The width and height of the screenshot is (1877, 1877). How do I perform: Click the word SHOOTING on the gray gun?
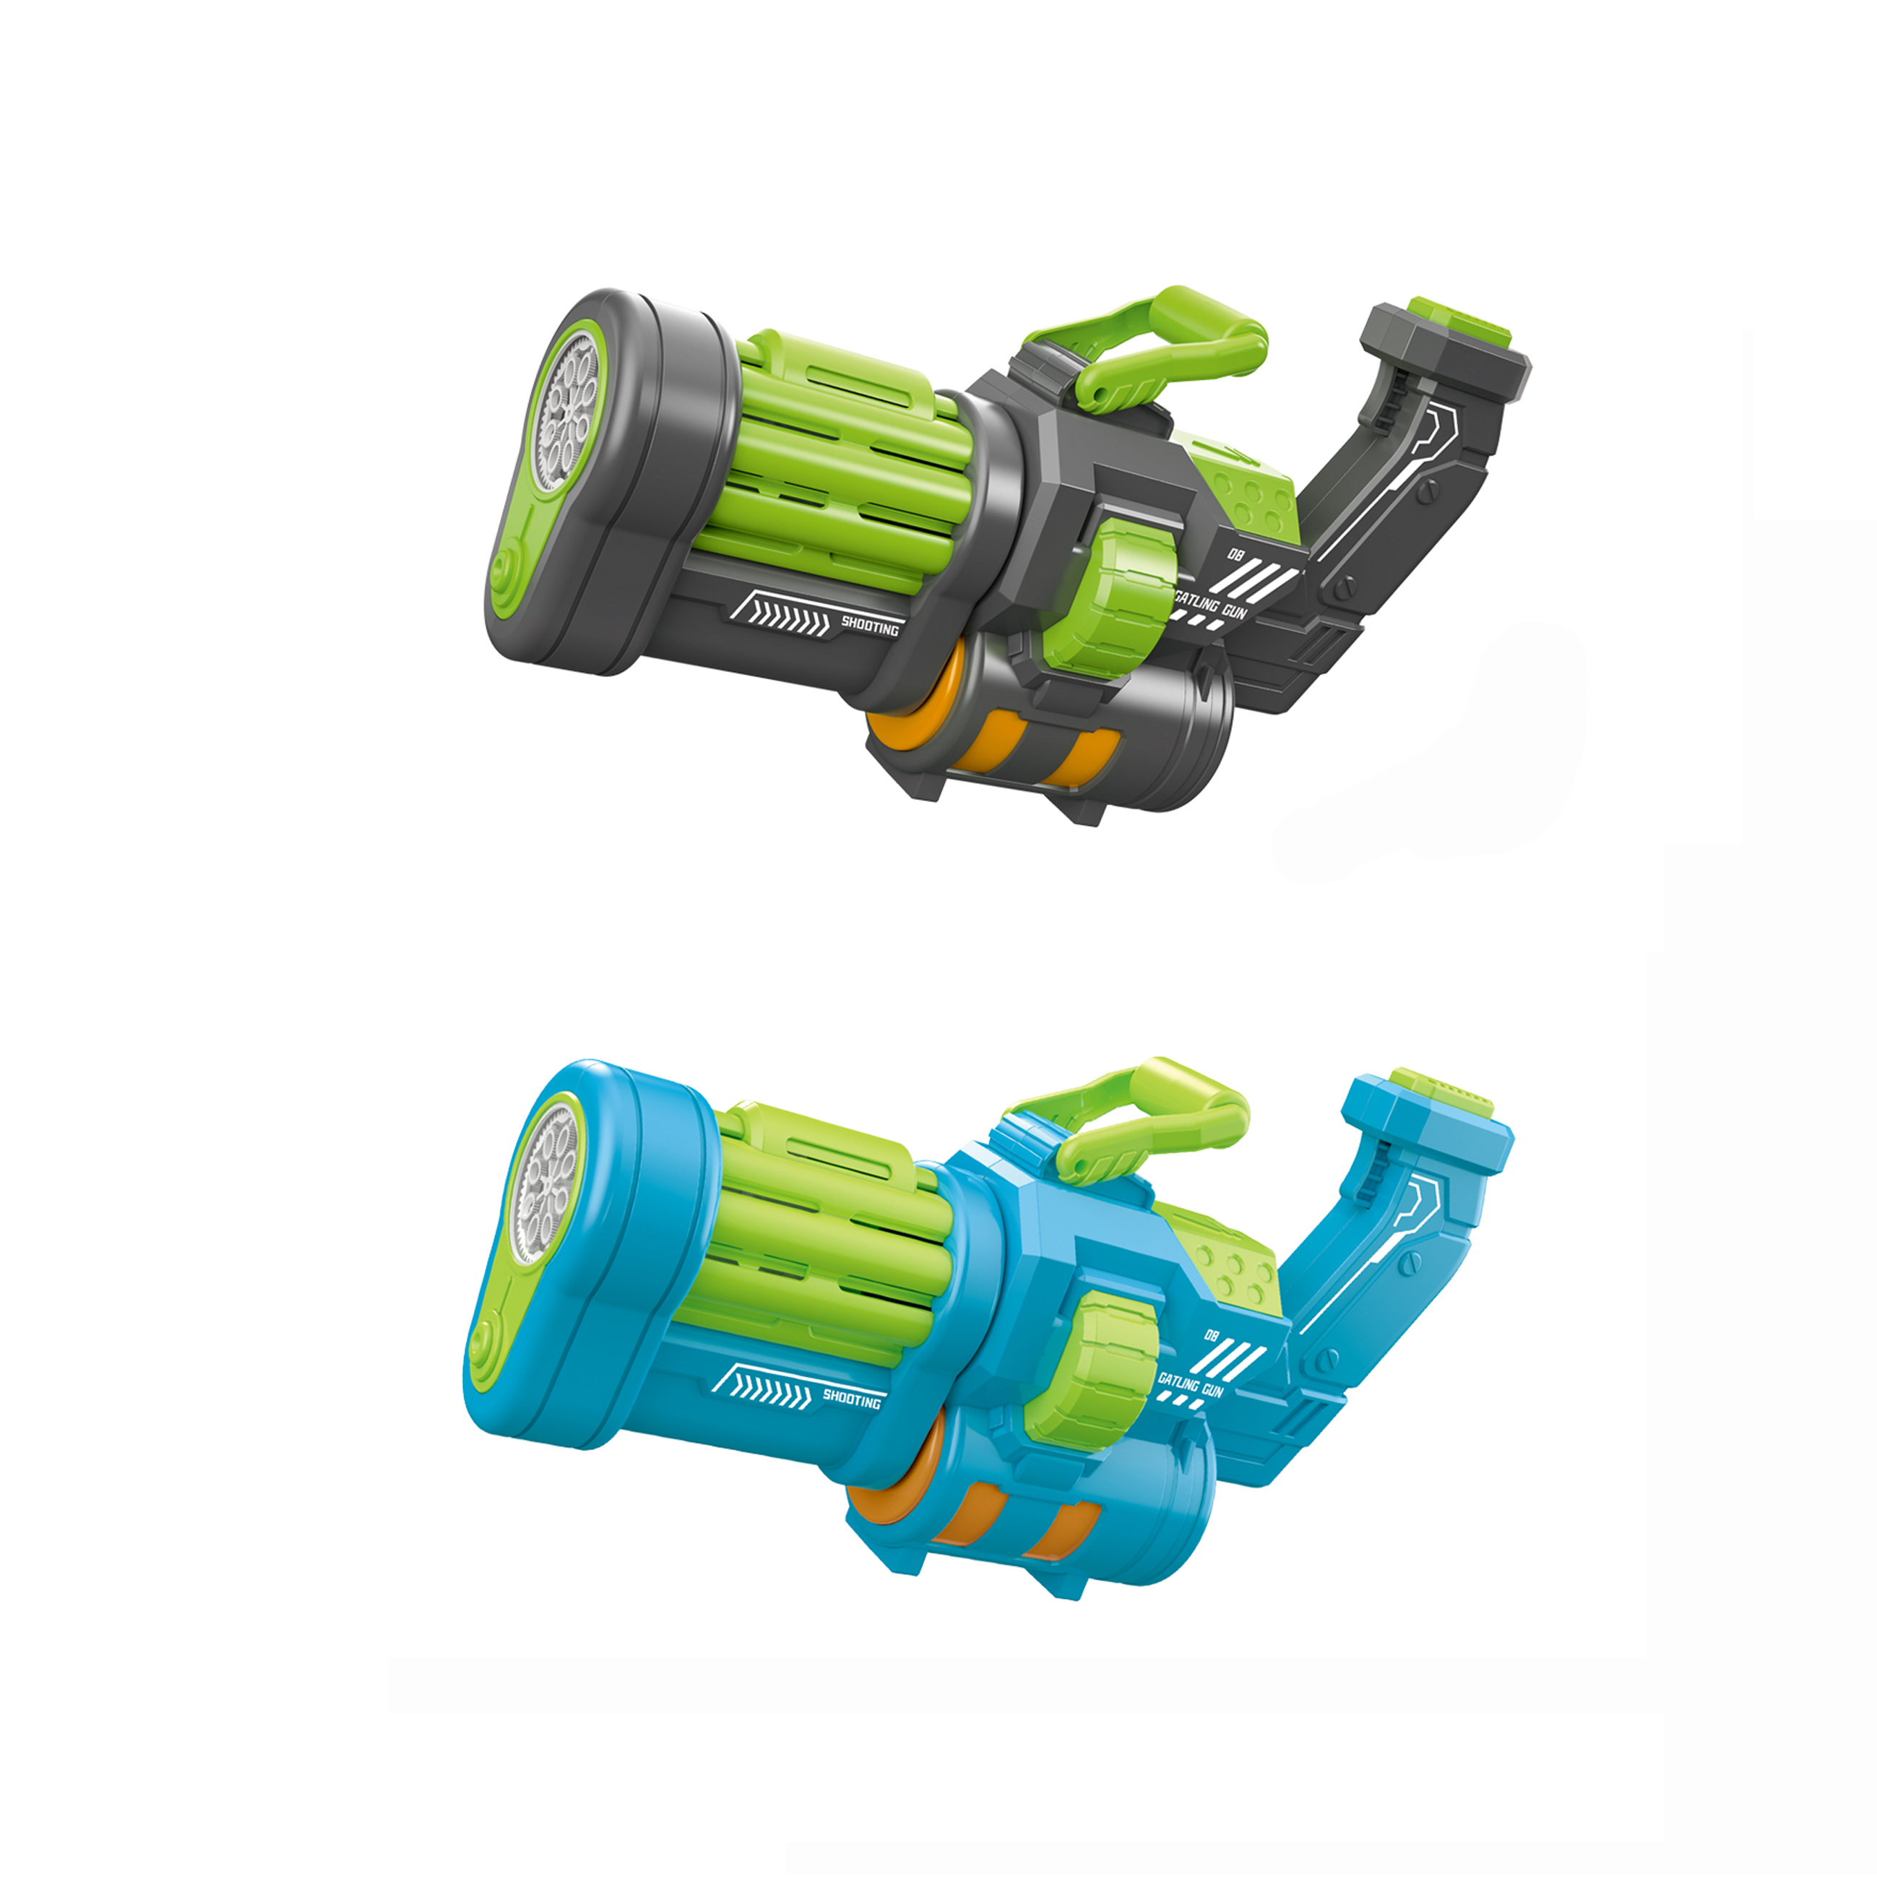click(x=870, y=626)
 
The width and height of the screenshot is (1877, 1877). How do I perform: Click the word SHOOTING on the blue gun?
click(x=851, y=1398)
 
